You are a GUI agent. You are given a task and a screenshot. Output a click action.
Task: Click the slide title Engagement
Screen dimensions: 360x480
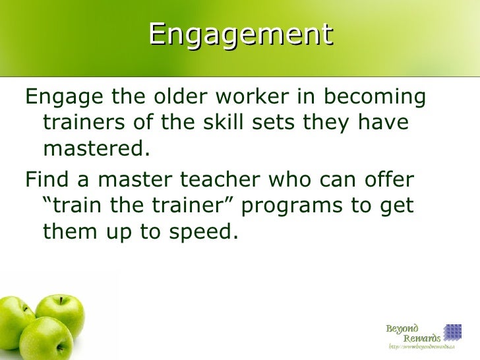tap(240, 34)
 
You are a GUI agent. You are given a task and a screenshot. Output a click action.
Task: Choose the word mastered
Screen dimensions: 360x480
tap(93, 148)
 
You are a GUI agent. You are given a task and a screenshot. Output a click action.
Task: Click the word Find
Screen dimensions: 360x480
tap(45, 179)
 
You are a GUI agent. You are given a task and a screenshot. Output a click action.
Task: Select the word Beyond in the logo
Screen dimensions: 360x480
tap(402, 328)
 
